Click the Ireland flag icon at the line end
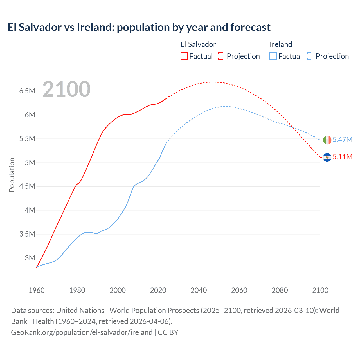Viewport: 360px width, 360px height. click(x=327, y=140)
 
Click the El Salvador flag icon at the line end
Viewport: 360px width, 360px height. click(x=327, y=157)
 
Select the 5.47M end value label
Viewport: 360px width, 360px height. click(x=342, y=139)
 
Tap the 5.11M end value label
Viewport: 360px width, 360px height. click(x=342, y=157)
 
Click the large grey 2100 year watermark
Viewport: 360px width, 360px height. click(x=66, y=89)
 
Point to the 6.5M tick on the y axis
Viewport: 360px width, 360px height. click(x=27, y=91)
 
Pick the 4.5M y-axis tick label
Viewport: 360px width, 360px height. click(x=27, y=186)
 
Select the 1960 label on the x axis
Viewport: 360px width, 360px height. click(x=37, y=290)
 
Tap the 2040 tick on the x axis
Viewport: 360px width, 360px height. click(x=199, y=290)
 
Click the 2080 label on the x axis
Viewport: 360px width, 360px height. click(x=280, y=290)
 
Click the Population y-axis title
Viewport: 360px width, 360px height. click(x=12, y=175)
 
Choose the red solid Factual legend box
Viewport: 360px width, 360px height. click(x=184, y=56)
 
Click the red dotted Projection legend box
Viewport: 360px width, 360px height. click(x=222, y=56)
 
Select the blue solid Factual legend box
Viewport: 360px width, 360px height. click(x=273, y=56)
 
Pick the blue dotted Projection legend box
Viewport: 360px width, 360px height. click(x=310, y=56)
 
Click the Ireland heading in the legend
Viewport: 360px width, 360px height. click(x=281, y=44)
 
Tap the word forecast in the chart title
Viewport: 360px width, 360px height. click(x=250, y=27)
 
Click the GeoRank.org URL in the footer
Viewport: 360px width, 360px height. click(x=82, y=332)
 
